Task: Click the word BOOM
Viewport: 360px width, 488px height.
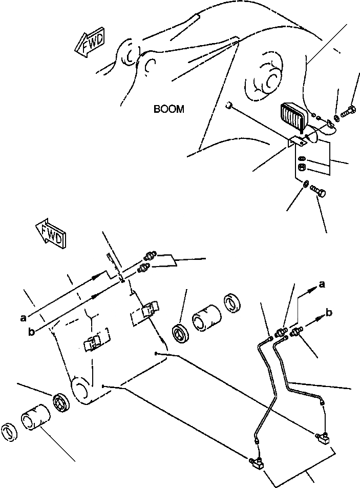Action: point(168,109)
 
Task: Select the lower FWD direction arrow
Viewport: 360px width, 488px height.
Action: point(51,234)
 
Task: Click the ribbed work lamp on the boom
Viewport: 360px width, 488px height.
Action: point(293,118)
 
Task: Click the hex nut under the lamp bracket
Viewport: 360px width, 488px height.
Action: point(302,168)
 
